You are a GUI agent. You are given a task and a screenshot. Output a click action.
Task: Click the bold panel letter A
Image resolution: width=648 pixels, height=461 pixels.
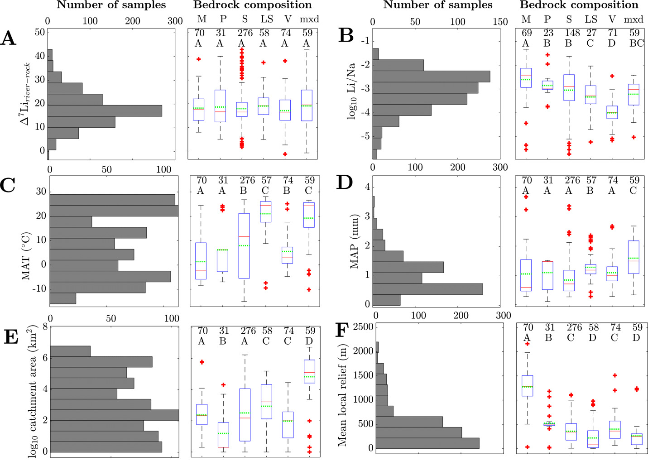click(x=9, y=38)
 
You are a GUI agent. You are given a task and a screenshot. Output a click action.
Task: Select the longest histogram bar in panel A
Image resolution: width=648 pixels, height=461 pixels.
click(x=105, y=110)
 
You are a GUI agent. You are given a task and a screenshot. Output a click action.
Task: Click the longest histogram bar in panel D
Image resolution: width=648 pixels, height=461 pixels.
click(x=429, y=289)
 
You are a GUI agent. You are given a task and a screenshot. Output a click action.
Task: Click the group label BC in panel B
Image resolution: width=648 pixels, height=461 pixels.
click(x=637, y=43)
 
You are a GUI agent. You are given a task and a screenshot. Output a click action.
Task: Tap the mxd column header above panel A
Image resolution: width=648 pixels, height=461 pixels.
click(x=310, y=19)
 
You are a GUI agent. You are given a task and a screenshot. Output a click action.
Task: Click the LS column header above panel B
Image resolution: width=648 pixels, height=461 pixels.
click(x=590, y=19)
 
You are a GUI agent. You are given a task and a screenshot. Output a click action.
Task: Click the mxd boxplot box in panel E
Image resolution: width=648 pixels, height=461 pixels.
click(x=309, y=371)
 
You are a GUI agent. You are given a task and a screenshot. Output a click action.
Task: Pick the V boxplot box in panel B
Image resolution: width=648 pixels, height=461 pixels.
click(x=612, y=112)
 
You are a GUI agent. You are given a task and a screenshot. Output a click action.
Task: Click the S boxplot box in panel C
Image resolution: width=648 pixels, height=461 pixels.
click(x=244, y=245)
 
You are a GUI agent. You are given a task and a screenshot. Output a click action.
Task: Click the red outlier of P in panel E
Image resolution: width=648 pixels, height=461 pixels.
click(x=222, y=385)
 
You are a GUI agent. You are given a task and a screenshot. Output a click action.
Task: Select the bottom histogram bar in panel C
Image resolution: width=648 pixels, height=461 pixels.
click(x=63, y=298)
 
